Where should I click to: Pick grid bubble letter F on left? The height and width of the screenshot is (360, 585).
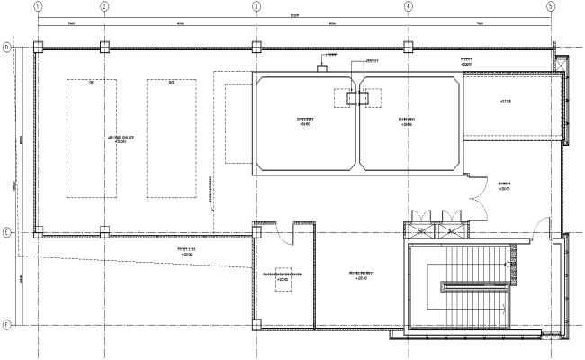point(6,325)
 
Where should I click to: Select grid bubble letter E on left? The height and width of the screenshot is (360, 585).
point(6,232)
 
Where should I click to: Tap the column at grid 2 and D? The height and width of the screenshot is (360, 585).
point(104,47)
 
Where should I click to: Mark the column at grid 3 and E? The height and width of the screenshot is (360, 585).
point(256,232)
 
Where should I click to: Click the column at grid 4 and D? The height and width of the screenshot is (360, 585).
point(408,47)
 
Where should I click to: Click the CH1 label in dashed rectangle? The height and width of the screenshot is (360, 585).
point(92,84)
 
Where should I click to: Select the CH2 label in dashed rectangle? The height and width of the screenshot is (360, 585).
point(171,84)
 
